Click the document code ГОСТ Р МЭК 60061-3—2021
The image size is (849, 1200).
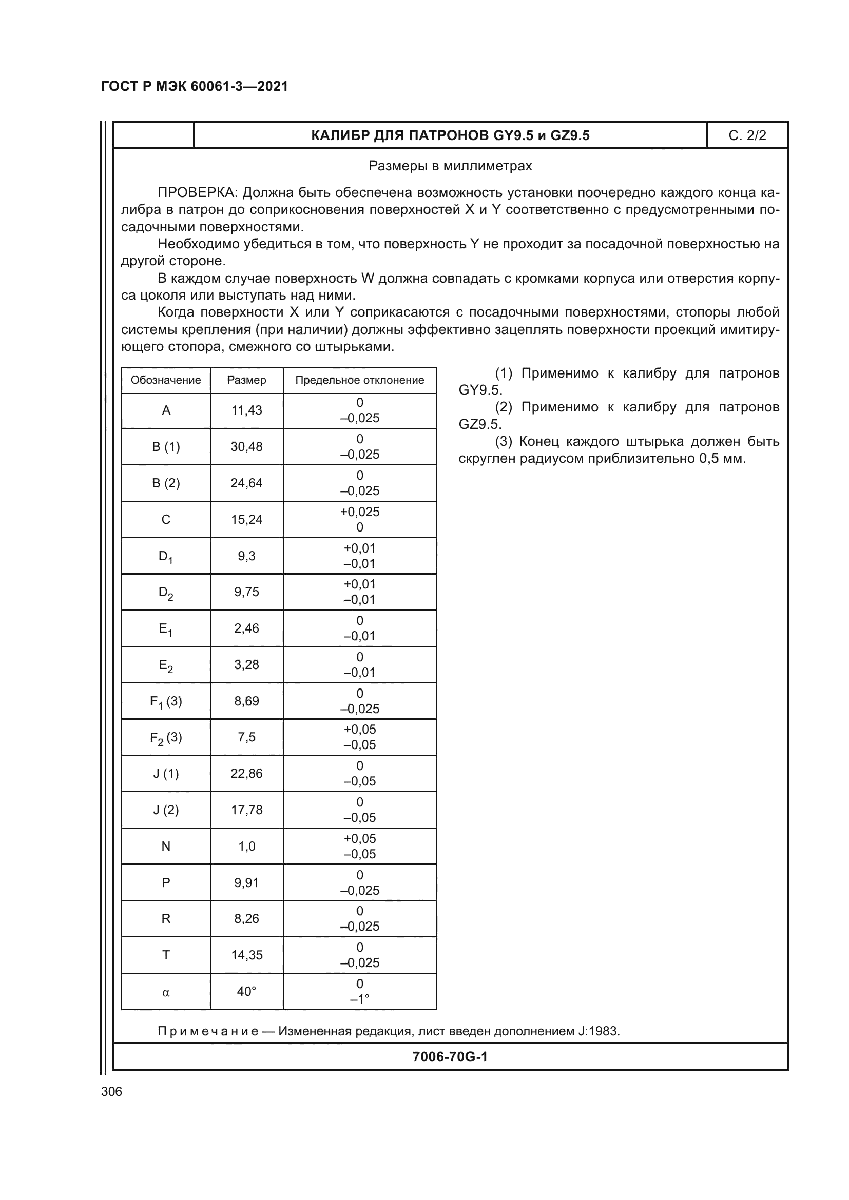[x=195, y=86]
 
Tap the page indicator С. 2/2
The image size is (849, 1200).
[x=747, y=135]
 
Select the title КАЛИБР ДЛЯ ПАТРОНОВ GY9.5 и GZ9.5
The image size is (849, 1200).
[x=450, y=135]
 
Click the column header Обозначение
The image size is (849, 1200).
[x=166, y=380]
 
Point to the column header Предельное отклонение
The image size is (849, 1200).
[x=360, y=380]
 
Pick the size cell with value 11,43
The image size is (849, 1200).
[x=247, y=410]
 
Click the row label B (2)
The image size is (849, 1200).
[x=166, y=483]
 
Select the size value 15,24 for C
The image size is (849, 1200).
[x=247, y=520]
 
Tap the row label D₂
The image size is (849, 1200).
[x=166, y=593]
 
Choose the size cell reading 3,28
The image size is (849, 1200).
[x=247, y=665]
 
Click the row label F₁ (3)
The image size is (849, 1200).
[x=166, y=701]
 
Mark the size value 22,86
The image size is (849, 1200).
[x=247, y=774]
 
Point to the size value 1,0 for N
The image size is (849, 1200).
[x=247, y=846]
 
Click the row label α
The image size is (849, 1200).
[x=166, y=992]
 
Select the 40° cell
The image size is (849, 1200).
[x=247, y=992]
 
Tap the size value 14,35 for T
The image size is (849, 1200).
[x=247, y=955]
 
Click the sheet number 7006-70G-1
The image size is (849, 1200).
[x=450, y=1057]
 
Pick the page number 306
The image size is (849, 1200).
[x=111, y=1091]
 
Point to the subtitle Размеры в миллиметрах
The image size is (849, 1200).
[x=450, y=166]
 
